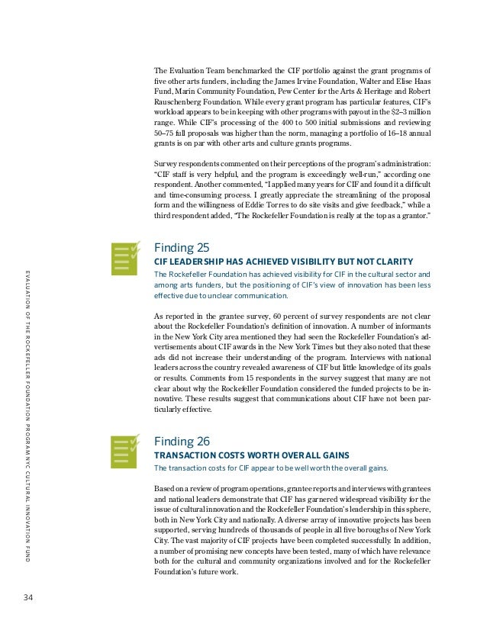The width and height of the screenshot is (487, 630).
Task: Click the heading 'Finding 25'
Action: pos(182,248)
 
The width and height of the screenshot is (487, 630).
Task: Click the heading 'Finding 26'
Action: pos(182,441)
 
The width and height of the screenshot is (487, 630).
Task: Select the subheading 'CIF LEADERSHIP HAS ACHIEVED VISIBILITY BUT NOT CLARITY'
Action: pos(283,262)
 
